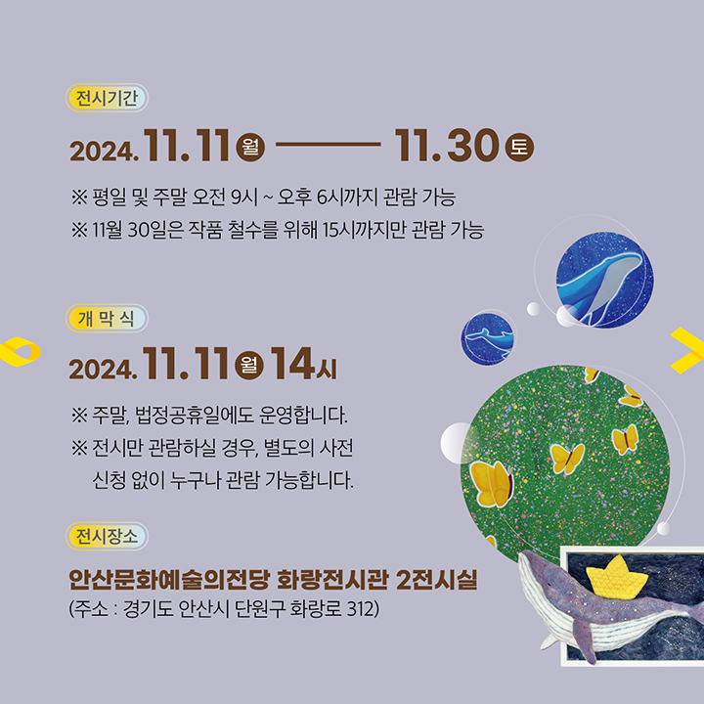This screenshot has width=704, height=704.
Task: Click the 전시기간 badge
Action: (x=107, y=98)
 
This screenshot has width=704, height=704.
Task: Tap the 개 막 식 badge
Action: (x=107, y=318)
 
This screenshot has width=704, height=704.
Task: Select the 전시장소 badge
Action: (x=107, y=536)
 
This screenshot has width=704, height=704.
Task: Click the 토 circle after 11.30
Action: (x=519, y=148)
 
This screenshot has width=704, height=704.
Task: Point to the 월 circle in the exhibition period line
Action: (x=250, y=148)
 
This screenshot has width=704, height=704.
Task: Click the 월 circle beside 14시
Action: (x=249, y=365)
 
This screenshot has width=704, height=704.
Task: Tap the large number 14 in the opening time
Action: (x=291, y=363)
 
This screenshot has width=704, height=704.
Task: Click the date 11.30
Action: (x=447, y=145)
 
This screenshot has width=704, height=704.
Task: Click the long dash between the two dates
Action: (x=329, y=144)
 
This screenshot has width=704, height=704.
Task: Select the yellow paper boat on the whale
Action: (x=617, y=578)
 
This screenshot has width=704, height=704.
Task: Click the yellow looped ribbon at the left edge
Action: (x=20, y=352)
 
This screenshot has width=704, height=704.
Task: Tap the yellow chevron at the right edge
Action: (x=687, y=350)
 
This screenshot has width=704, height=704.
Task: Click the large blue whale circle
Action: (x=605, y=280)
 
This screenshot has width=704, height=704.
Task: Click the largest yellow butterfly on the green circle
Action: (x=492, y=484)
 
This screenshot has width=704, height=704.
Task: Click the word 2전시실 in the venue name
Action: (x=437, y=579)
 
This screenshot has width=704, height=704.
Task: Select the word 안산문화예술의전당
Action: (x=169, y=579)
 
